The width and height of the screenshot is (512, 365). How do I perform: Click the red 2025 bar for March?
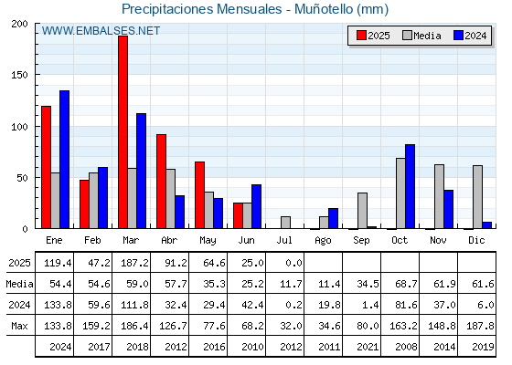(123, 132)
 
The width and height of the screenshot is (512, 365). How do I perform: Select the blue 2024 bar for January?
(64, 160)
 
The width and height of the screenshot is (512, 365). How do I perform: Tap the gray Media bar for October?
(400, 193)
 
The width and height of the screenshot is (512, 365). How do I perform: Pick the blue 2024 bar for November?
(448, 209)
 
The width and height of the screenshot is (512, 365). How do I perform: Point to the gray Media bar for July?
(285, 223)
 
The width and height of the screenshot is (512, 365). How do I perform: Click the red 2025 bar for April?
(161, 182)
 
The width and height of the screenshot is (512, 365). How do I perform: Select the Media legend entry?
(421, 36)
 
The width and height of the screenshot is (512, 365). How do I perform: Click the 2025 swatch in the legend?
(361, 36)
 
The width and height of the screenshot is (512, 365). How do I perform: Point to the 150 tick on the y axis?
(19, 75)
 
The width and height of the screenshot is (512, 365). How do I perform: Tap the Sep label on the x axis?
(361, 241)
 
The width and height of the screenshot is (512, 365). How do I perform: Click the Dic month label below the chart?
(476, 240)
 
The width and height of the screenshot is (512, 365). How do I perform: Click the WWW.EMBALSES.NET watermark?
(101, 31)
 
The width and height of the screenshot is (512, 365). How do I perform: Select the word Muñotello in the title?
(324, 9)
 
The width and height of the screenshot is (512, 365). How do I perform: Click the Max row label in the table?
(19, 326)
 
